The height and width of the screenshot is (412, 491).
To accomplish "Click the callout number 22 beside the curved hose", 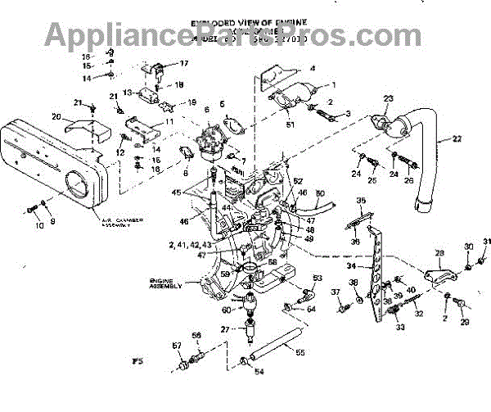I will pos(444,140).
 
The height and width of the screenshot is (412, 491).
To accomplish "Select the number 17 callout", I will pos(183,63).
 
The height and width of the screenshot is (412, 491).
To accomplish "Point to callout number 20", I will pos(56,117).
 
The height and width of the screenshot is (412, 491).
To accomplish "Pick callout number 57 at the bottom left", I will pos(175,346).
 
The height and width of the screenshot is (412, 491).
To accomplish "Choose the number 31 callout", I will pos(484,241).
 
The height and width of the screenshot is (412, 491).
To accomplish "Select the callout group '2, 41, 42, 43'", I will pos(188,244).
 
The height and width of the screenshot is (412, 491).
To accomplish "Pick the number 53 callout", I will pos(318,279).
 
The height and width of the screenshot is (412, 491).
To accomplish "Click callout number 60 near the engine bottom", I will pos(225,310).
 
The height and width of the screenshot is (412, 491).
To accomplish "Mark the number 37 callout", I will pos(336,292).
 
